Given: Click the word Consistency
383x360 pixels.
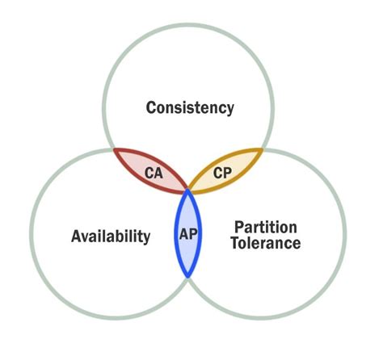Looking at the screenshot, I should pyautogui.click(x=190, y=107).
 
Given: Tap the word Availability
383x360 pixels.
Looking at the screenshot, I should pyautogui.click(x=111, y=237).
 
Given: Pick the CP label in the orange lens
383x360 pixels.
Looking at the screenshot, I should pyautogui.click(x=223, y=172).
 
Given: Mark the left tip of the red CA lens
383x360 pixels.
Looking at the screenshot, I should pyautogui.click(x=114, y=151).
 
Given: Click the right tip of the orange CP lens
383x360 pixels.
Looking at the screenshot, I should pyautogui.click(x=263, y=149).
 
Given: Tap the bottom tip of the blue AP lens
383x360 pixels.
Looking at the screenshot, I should pyautogui.click(x=187, y=277).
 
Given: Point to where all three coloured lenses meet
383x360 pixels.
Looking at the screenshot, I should pyautogui.click(x=187, y=190).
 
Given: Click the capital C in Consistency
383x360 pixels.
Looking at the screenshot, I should pyautogui.click(x=151, y=107).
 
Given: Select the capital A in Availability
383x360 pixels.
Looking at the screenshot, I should pyautogui.click(x=77, y=237).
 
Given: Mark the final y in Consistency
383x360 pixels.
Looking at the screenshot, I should pyautogui.click(x=229, y=110).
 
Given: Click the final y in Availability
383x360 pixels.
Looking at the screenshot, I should pyautogui.click(x=146, y=240).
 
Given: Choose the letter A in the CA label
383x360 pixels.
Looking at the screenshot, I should pyautogui.click(x=159, y=172).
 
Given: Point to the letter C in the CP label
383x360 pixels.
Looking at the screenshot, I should pyautogui.click(x=218, y=172).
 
